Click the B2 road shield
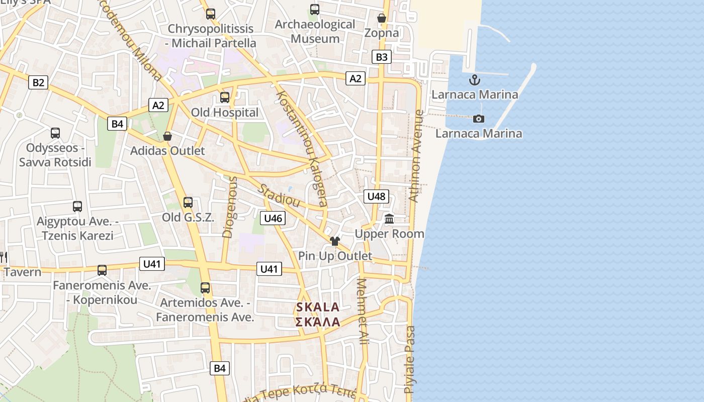pyautogui.click(x=38, y=82)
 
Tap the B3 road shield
pyautogui.click(x=382, y=57)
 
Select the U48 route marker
pyautogui.click(x=376, y=196)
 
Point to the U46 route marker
pyautogui.click(x=273, y=218)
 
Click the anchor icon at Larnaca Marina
pyautogui.click(x=474, y=80)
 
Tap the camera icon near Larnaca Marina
pyautogui.click(x=479, y=119)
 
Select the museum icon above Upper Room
pyautogui.click(x=389, y=219)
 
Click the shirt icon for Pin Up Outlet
pyautogui.click(x=335, y=241)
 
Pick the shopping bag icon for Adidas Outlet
pyautogui.click(x=167, y=136)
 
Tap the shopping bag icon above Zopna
pyautogui.click(x=382, y=19)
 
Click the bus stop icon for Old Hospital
pyautogui.click(x=225, y=97)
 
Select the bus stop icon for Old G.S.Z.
pyautogui.click(x=188, y=203)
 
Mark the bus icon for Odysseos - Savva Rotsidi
pyautogui.click(x=55, y=133)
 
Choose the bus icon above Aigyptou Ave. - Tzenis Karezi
pyautogui.click(x=77, y=207)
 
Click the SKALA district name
pyautogui.click(x=318, y=307)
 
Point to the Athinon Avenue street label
pyautogui.click(x=416, y=156)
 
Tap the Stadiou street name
pyautogui.click(x=279, y=195)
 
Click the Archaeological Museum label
pyautogui.click(x=315, y=31)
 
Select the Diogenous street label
pyautogui.click(x=229, y=207)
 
